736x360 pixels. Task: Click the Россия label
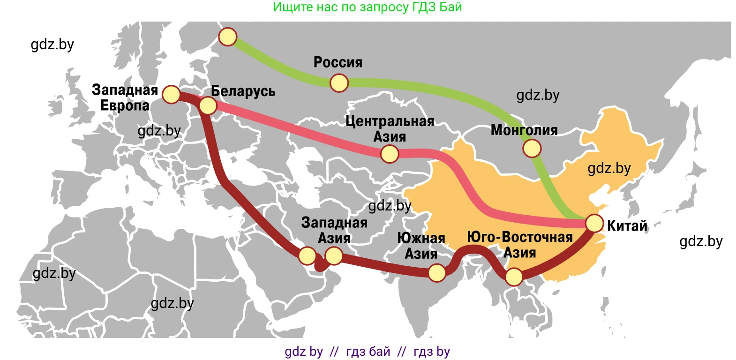click(x=338, y=62)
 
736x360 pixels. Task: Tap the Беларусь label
click(x=243, y=91)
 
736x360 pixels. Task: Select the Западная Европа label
click(x=125, y=97)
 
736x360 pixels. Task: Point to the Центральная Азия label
click(x=390, y=129)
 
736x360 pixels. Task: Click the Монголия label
click(x=524, y=130)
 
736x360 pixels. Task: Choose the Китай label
click(x=627, y=226)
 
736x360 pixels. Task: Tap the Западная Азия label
click(x=334, y=230)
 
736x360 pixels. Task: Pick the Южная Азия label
click(x=421, y=246)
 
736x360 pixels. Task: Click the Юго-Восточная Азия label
click(x=519, y=245)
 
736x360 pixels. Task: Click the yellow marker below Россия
click(x=339, y=83)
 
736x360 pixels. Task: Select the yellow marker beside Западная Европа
click(x=171, y=94)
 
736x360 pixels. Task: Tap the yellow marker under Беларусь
click(x=208, y=106)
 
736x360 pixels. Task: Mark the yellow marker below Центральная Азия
click(x=390, y=153)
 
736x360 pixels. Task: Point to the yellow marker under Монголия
click(x=532, y=149)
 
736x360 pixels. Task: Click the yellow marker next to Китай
click(x=594, y=224)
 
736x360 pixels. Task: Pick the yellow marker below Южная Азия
click(x=437, y=273)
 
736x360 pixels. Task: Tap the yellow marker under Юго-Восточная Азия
click(x=514, y=277)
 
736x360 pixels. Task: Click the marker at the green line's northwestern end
click(x=228, y=37)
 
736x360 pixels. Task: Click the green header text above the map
click(x=368, y=7)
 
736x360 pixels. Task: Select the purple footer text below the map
click(x=368, y=352)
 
